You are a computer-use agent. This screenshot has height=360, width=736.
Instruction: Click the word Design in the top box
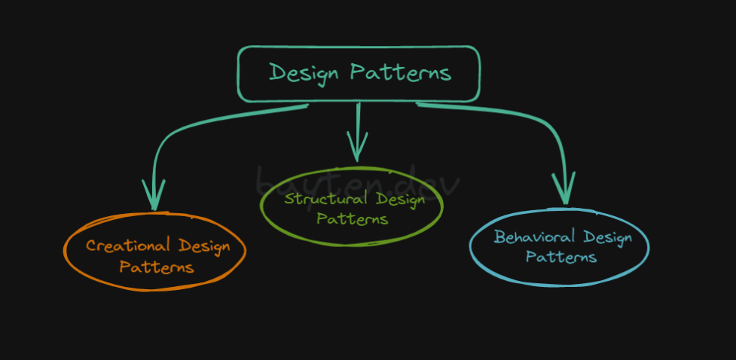click(304, 74)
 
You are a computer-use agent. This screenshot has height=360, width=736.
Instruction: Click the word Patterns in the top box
click(401, 73)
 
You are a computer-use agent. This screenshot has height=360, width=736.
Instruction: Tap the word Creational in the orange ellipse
click(127, 245)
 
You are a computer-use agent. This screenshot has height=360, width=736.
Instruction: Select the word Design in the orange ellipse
click(204, 247)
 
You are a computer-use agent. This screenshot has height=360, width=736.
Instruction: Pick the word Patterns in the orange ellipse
click(156, 267)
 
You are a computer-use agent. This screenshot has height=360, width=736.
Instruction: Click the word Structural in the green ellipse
click(325, 198)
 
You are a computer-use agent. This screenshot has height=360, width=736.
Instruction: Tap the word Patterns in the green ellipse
click(353, 218)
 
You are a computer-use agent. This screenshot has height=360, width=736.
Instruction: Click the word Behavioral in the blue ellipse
click(534, 236)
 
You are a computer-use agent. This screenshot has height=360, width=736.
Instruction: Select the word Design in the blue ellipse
click(608, 239)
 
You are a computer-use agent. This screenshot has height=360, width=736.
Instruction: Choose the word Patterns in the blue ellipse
click(561, 257)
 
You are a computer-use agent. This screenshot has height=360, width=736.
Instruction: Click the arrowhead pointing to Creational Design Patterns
click(154, 195)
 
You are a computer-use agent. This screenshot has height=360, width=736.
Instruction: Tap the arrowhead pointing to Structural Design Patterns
click(357, 146)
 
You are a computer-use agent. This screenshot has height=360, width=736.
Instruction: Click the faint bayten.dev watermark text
click(357, 181)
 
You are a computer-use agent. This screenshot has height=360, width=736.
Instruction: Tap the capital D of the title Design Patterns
click(278, 72)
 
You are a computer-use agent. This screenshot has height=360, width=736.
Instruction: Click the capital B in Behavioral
click(499, 236)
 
